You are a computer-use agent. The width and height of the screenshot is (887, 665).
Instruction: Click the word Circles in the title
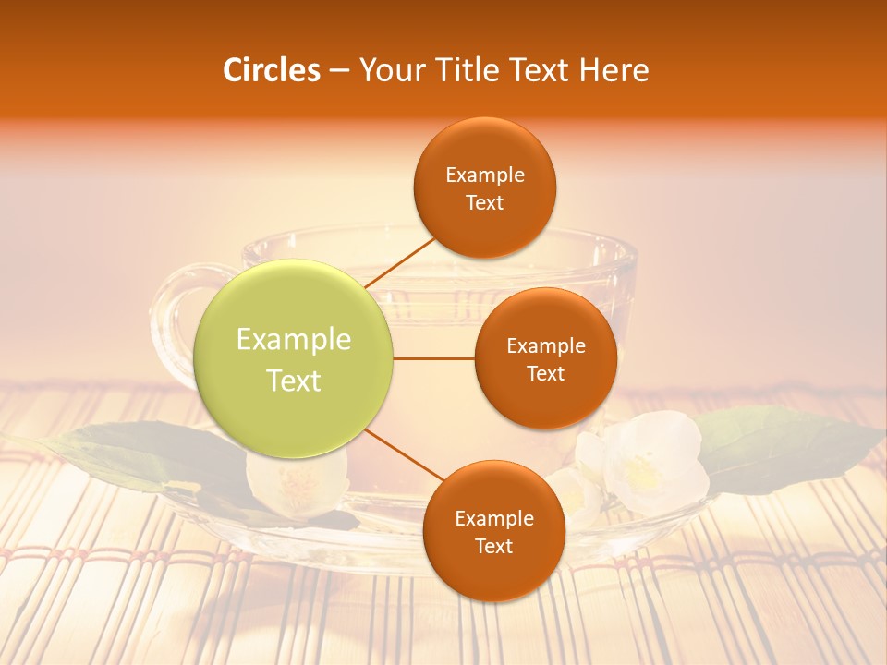tap(272, 70)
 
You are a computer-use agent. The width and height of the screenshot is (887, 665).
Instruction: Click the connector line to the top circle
tap(399, 262)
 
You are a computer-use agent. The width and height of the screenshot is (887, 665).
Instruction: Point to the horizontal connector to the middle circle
tap(433, 358)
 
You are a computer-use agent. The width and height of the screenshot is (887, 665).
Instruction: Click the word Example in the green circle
tap(294, 340)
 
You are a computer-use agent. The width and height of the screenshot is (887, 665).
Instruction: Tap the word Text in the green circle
tap(294, 381)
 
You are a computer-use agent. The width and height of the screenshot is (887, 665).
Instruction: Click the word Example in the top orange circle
tap(485, 175)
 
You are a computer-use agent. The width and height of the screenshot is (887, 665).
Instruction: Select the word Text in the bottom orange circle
tap(493, 546)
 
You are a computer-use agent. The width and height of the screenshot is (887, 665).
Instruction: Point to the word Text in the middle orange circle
tap(545, 374)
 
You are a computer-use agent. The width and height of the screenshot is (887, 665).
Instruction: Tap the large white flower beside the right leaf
tap(654, 462)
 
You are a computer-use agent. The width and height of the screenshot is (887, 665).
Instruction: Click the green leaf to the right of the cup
tap(785, 443)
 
